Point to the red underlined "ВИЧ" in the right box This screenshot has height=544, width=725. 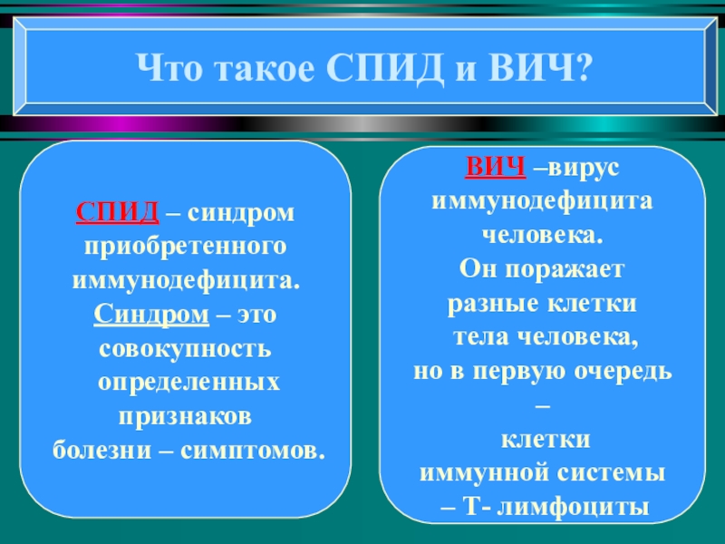tap(496, 168)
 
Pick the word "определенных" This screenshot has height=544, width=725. tap(188, 382)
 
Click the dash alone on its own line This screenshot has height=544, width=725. tap(544, 404)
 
